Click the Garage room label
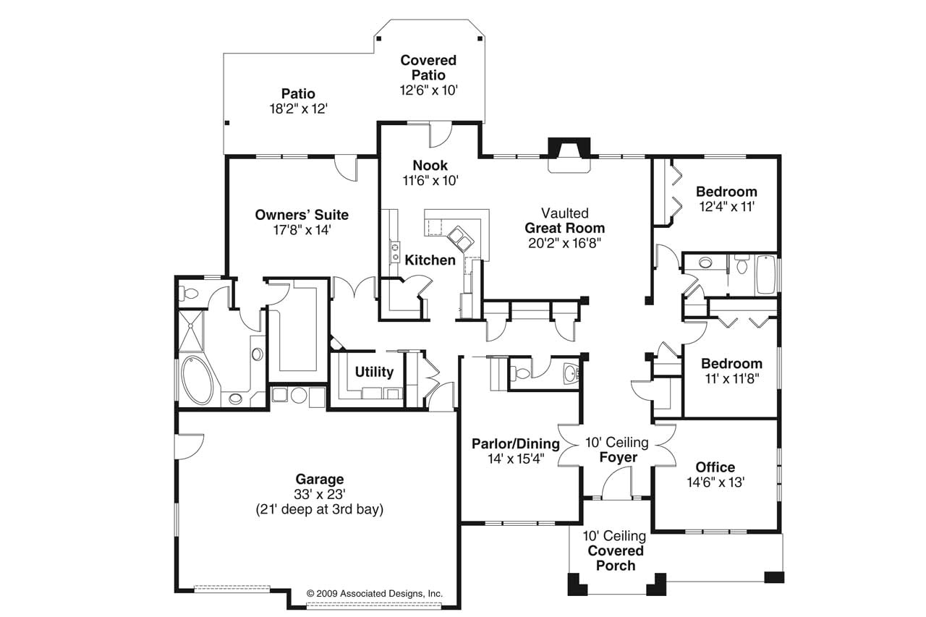click(x=320, y=479)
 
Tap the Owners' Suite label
click(x=302, y=215)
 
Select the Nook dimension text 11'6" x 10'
click(x=430, y=181)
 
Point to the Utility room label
click(x=374, y=372)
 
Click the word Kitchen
click(x=430, y=260)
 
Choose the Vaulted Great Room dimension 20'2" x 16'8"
click(x=565, y=243)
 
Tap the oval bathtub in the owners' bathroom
click(x=197, y=380)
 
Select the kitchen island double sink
click(x=460, y=239)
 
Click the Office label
click(x=715, y=467)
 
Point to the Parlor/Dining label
click(x=516, y=443)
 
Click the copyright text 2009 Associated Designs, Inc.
click(x=375, y=594)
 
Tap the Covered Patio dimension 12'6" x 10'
click(x=429, y=90)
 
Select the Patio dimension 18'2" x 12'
click(x=299, y=108)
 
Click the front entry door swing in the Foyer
click(x=617, y=482)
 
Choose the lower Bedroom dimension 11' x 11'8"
click(x=732, y=378)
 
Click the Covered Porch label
click(x=616, y=558)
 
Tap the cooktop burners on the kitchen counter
click(x=395, y=252)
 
